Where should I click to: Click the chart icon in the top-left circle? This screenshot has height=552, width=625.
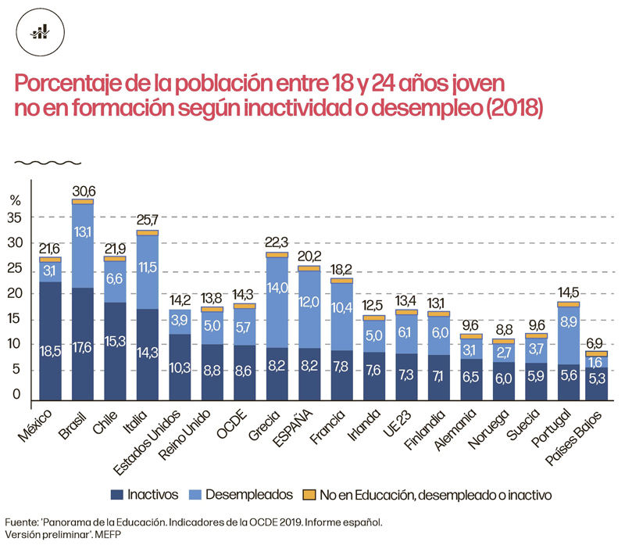click(x=40, y=31)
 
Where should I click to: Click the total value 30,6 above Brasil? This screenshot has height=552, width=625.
click(x=84, y=190)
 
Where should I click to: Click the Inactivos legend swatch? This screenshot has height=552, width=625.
click(x=117, y=494)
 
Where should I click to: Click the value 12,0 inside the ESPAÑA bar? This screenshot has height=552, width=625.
click(x=309, y=302)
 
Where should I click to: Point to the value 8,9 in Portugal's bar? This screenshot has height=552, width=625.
click(x=569, y=321)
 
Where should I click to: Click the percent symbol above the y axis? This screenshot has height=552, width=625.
click(x=15, y=198)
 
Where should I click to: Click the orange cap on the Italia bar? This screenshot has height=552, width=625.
click(x=148, y=233)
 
